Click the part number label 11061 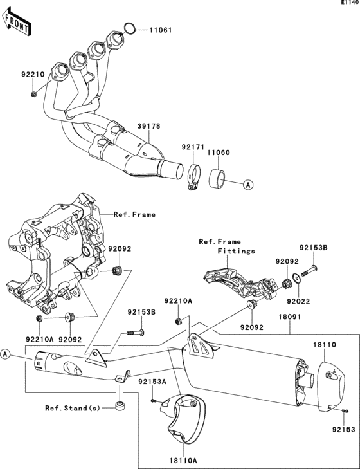162,30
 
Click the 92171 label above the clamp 192,147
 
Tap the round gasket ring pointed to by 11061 128,28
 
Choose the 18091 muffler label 290,318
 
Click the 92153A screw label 152,381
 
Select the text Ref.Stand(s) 71,408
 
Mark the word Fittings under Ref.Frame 236,251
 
